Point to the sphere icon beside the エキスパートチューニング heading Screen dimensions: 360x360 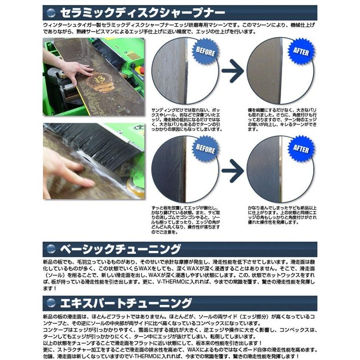51,303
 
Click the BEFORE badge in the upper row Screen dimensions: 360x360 205,51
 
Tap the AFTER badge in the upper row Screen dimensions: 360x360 300,51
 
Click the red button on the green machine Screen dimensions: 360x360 142,70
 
